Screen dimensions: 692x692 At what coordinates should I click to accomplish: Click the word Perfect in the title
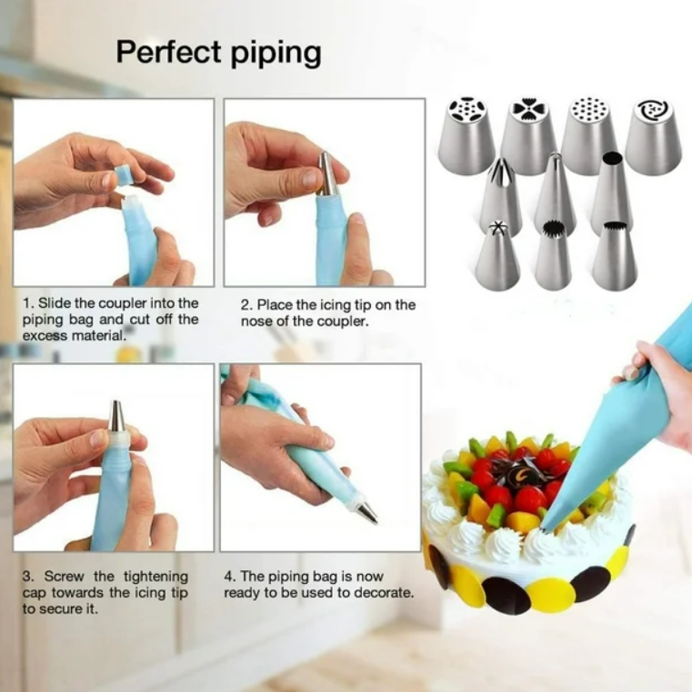point(168,52)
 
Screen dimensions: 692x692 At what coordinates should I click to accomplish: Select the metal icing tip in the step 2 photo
point(328,173)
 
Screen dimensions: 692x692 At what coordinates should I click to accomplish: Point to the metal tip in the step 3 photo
point(116,416)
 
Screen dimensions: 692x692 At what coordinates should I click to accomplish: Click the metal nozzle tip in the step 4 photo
point(367,511)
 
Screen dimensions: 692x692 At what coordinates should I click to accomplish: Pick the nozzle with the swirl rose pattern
point(654,136)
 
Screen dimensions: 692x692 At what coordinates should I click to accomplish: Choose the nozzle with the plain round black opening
point(612,191)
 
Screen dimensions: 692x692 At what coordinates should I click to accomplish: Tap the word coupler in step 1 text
point(122,303)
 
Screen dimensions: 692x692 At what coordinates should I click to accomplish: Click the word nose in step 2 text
point(256,321)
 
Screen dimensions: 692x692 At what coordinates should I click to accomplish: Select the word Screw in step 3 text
point(64,577)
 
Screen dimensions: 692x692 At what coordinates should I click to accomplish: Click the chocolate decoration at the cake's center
point(525,472)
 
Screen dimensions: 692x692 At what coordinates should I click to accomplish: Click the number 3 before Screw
point(28,577)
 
